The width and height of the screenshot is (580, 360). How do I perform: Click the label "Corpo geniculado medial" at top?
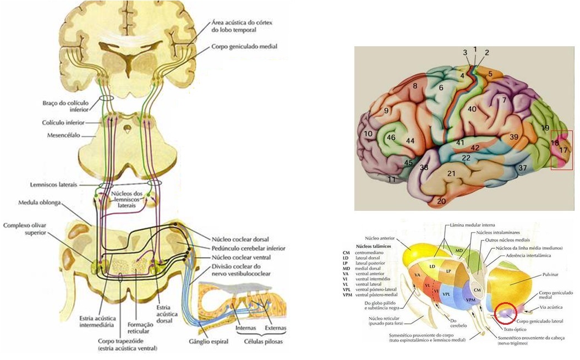244,47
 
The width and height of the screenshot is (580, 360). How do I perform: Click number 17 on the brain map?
563,150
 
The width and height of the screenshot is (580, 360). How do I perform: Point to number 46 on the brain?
392,137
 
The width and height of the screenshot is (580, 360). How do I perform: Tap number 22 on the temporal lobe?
466,158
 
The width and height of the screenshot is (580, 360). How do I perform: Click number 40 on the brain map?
472,109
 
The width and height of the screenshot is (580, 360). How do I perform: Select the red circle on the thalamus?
505,313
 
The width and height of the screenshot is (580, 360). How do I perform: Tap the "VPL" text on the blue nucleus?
447,295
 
